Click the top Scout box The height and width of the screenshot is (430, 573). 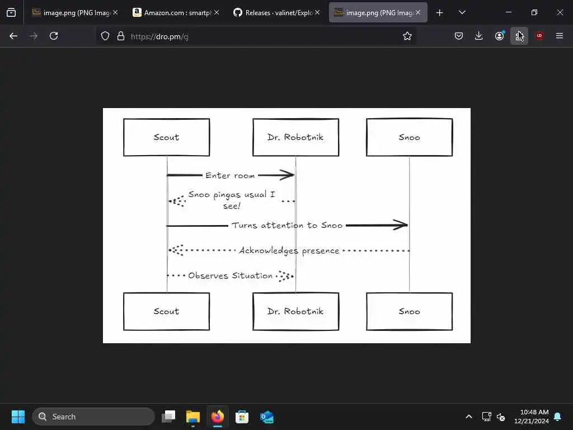(x=166, y=137)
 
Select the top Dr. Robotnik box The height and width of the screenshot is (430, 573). (x=295, y=137)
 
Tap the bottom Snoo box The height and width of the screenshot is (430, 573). (x=409, y=311)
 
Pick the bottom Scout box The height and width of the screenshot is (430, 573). (x=166, y=311)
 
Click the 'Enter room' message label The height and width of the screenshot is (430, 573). (x=230, y=175)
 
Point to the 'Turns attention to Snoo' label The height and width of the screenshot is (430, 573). (x=287, y=225)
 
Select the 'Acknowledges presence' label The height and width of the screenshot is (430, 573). (x=289, y=250)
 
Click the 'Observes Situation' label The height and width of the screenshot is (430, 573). (x=231, y=275)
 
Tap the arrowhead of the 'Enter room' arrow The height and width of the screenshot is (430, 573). (x=288, y=175)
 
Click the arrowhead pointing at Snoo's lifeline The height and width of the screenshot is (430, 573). (x=401, y=225)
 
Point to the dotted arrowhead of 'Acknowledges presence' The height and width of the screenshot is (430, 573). (x=176, y=250)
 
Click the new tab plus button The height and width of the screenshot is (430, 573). (x=439, y=12)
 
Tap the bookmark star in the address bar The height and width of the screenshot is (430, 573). (x=407, y=36)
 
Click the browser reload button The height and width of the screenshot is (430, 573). (x=54, y=36)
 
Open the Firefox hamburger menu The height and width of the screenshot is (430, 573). (x=560, y=36)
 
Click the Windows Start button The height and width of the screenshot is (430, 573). (x=18, y=417)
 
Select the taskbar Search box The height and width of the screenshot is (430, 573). (x=93, y=417)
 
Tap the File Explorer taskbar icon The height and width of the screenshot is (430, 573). (x=192, y=417)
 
